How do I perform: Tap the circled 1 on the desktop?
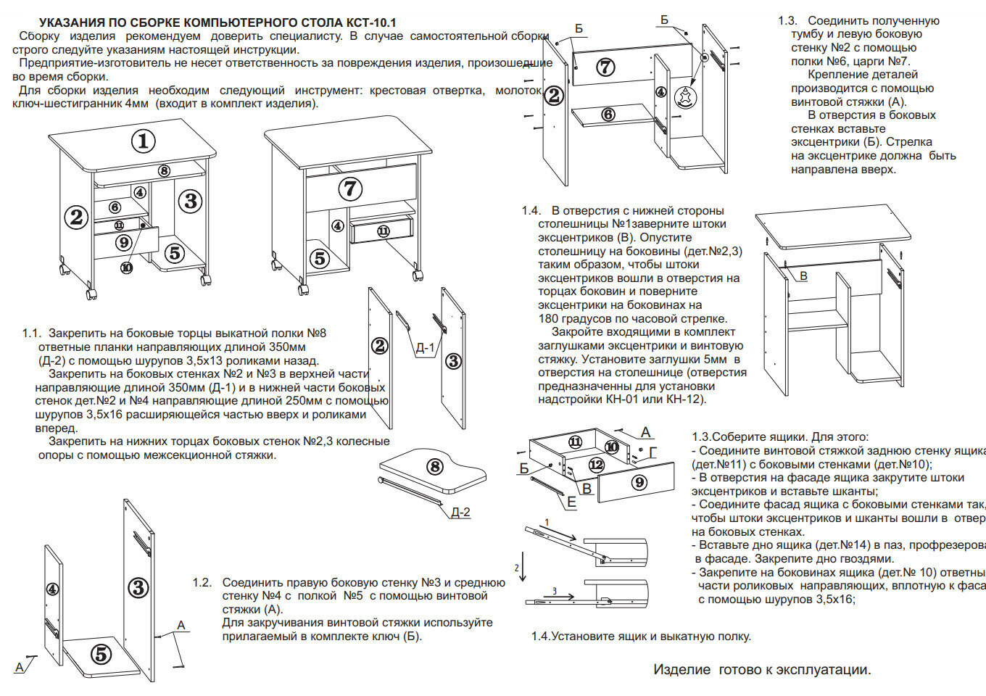(144, 141)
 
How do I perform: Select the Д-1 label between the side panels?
(425, 347)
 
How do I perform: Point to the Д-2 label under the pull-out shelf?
(460, 513)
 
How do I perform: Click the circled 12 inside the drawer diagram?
(596, 464)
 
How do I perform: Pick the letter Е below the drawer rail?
(571, 502)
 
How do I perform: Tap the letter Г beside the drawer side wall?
(653, 452)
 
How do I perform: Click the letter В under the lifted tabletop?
(803, 276)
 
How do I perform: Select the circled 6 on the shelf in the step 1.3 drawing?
(608, 114)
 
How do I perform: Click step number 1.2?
(202, 583)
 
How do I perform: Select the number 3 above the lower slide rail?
(555, 592)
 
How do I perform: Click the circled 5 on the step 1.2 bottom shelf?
(101, 654)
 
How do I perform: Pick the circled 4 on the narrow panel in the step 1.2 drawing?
(52, 589)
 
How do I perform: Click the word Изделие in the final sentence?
(681, 670)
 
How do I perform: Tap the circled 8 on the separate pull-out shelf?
(435, 466)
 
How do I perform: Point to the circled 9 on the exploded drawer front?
(639, 481)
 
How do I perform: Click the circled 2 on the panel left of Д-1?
(380, 346)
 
